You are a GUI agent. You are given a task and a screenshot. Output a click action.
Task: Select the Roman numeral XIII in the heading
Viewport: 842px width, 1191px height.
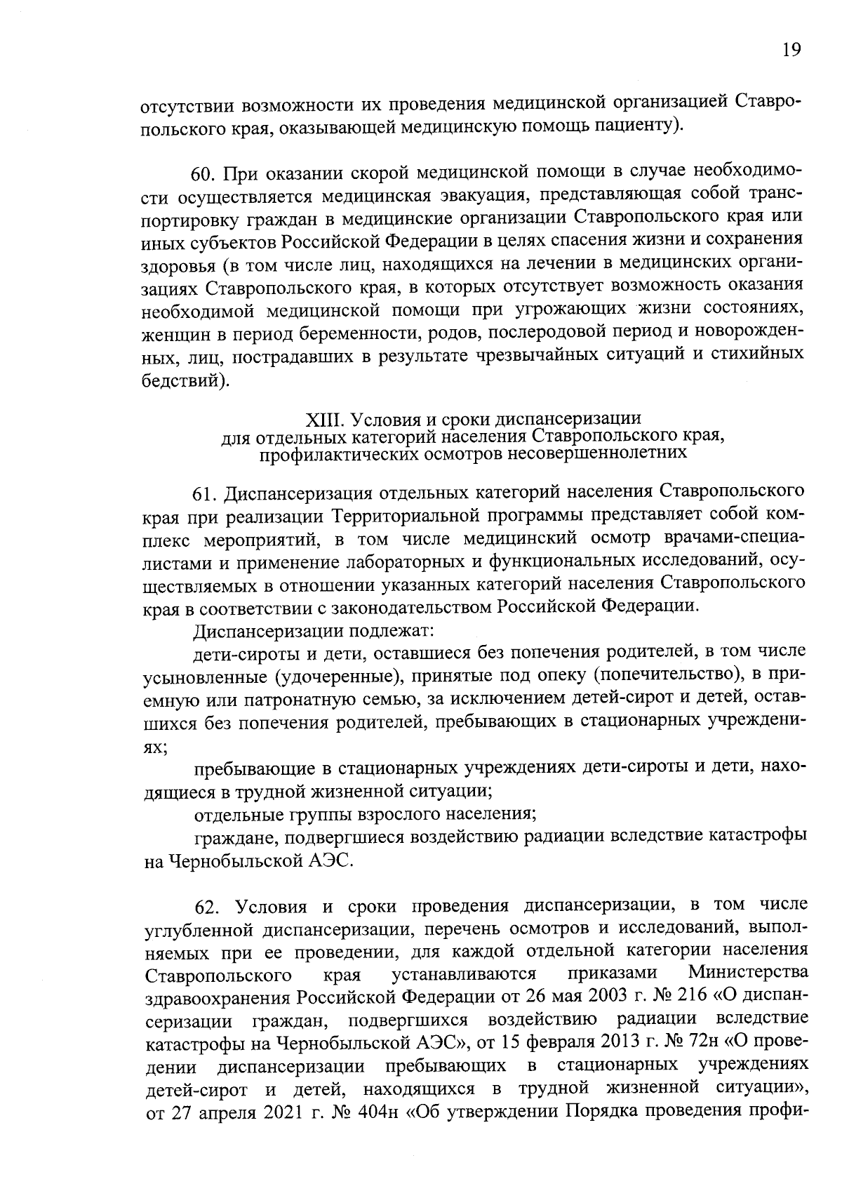click(323, 420)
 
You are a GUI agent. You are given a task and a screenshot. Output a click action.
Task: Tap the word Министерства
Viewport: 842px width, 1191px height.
click(747, 973)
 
